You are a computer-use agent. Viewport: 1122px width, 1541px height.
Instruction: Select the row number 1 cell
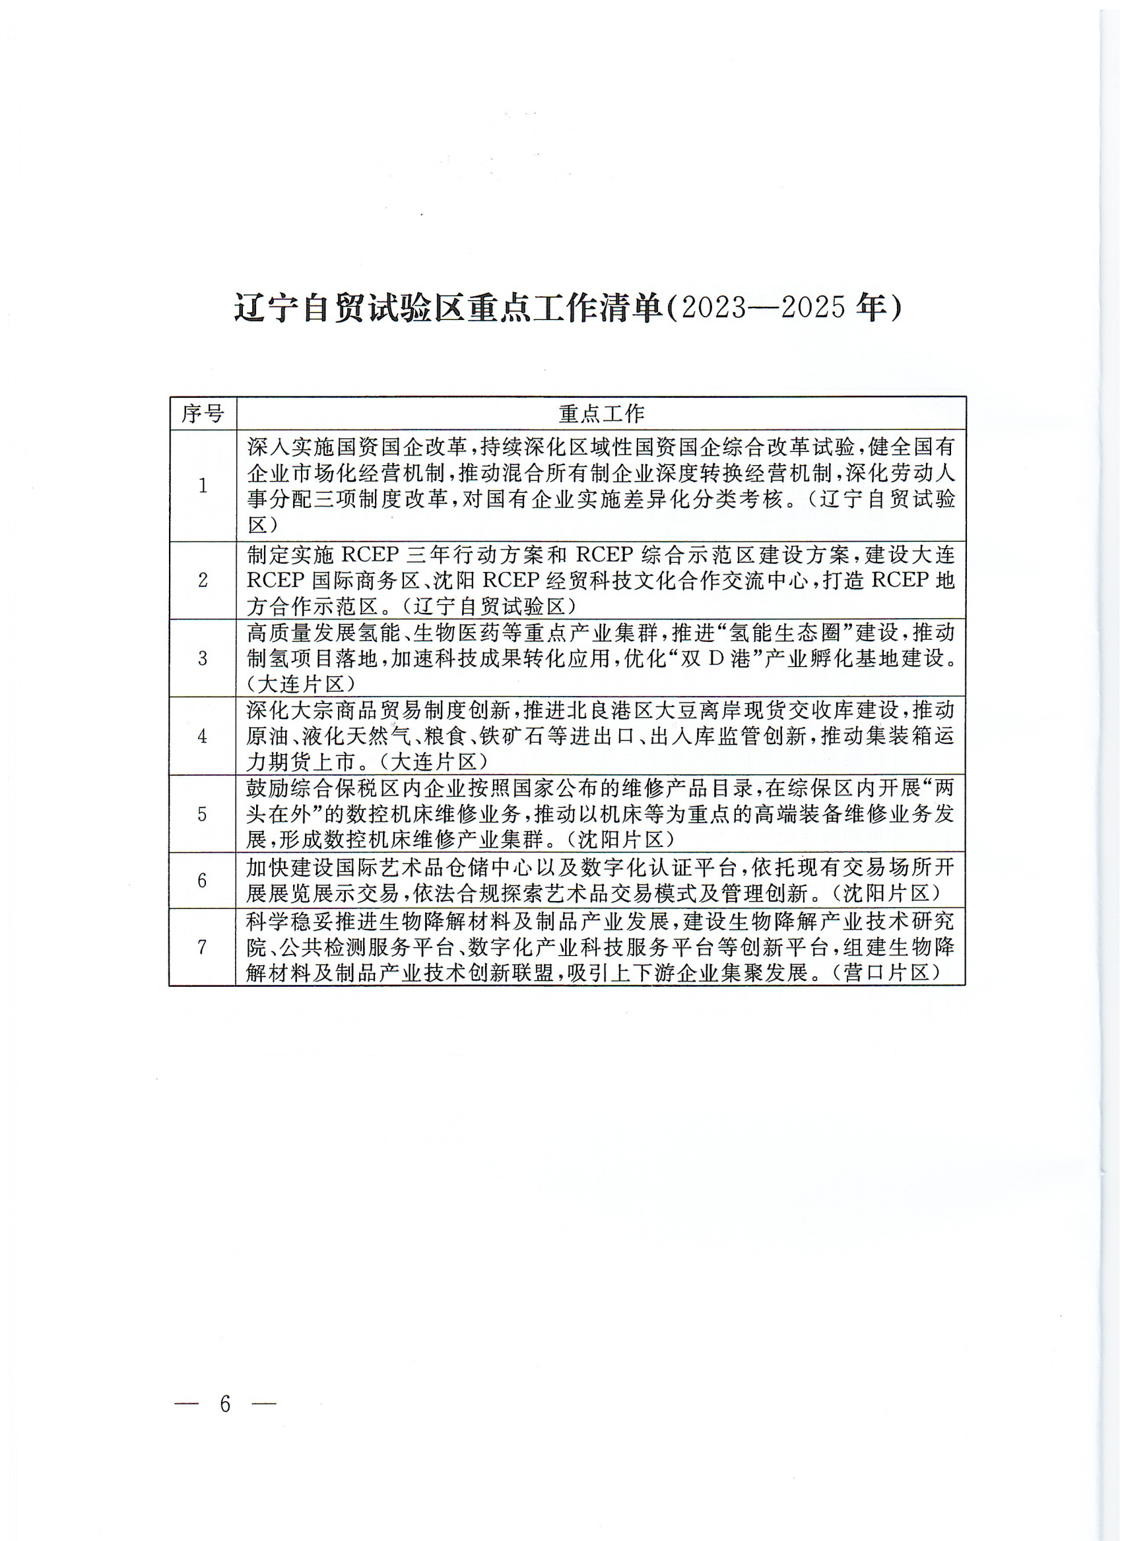coord(203,486)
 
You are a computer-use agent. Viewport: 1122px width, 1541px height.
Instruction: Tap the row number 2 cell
coord(203,581)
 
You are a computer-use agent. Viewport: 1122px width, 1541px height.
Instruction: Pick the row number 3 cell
coord(203,658)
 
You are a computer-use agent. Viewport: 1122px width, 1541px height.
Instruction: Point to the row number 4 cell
coord(203,736)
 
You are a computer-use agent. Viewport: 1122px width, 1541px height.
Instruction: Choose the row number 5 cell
coord(203,814)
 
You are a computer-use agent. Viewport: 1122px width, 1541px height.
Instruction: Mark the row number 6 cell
coord(203,881)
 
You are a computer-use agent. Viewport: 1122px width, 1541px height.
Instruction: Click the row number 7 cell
coord(203,947)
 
